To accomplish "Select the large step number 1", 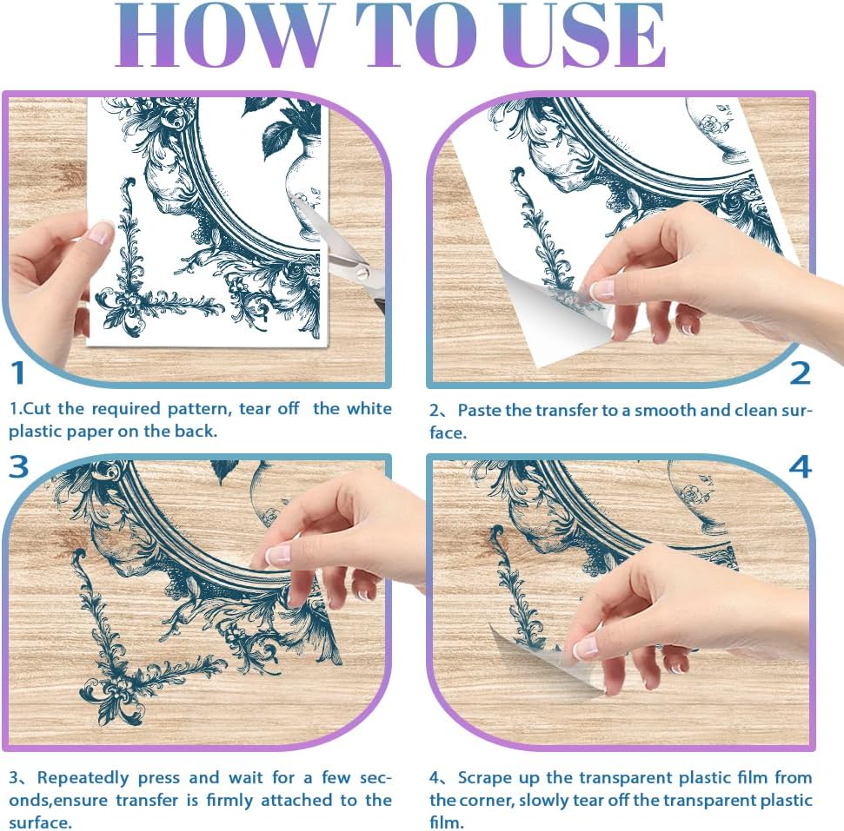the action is pos(17,373).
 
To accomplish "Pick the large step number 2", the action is pos(800,373).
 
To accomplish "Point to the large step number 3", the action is pos(19,466).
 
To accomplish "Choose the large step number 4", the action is pos(801,466).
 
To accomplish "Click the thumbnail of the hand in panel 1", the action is pos(101,233).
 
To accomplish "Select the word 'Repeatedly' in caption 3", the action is pos(83,778).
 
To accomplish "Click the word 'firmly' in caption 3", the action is pos(230,801).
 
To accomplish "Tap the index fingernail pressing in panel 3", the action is pos(278,555).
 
